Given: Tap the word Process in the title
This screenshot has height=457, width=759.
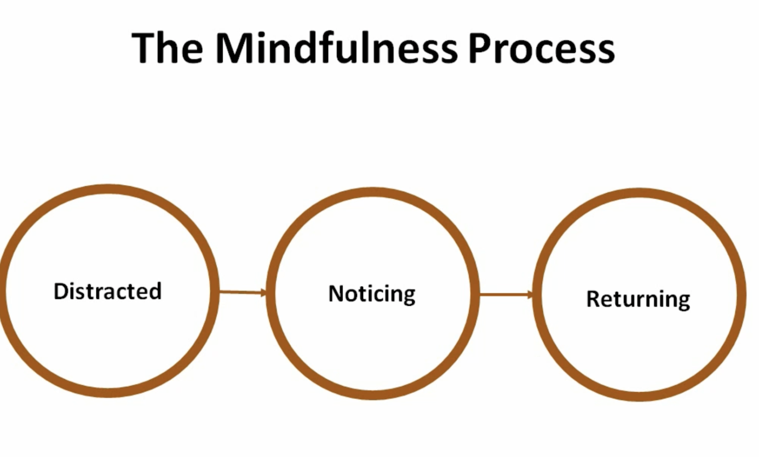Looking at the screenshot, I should click(x=542, y=48).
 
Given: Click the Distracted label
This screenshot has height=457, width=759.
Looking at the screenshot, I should click(x=108, y=291).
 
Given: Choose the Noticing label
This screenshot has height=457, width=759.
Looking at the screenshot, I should click(x=372, y=294).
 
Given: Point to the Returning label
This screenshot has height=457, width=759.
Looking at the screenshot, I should click(x=638, y=299).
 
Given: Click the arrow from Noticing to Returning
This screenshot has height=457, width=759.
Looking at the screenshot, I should click(x=505, y=295).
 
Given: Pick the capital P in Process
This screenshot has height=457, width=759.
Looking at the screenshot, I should click(x=480, y=48).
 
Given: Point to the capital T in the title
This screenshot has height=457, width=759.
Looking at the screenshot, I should click(x=144, y=48).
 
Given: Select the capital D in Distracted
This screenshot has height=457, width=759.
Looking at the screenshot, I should click(x=60, y=291).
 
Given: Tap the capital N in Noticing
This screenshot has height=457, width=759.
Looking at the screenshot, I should click(x=335, y=294).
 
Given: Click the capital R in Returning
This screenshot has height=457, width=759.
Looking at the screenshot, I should click(x=593, y=299).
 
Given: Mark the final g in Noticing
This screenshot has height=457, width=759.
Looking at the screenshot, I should click(x=409, y=296).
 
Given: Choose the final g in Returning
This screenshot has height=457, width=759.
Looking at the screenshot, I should click(x=683, y=302).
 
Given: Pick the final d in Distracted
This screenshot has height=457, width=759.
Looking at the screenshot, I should click(x=156, y=291).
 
